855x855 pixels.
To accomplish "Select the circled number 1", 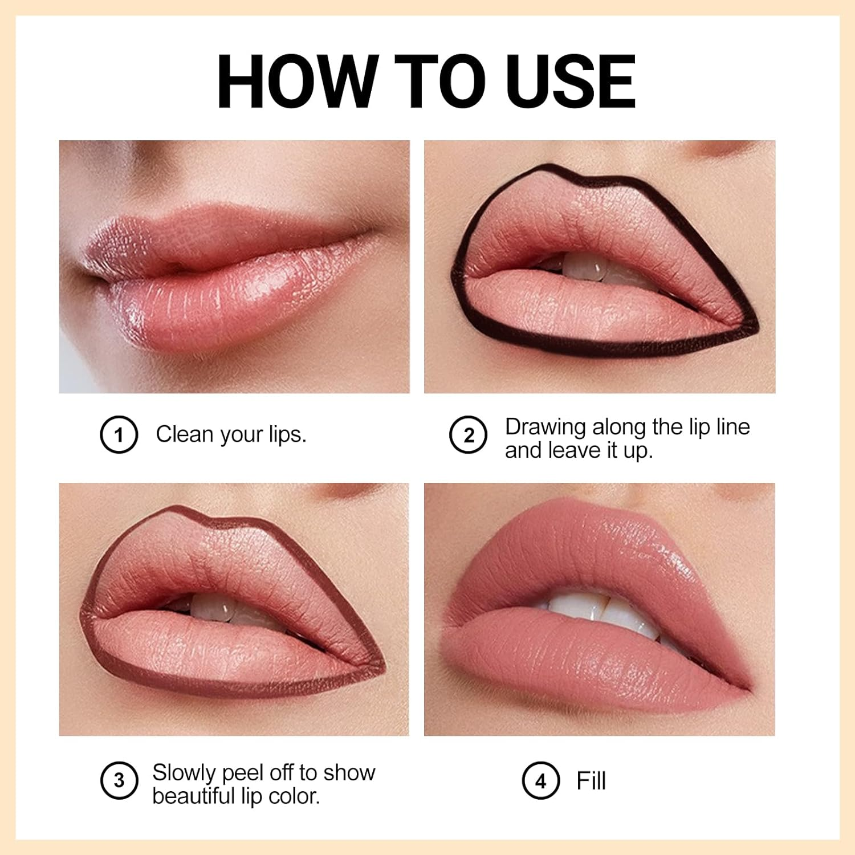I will point(119,435).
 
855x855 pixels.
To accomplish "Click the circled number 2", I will point(468,435).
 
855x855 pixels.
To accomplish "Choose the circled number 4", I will point(540,780).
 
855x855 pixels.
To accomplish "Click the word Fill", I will point(591,780).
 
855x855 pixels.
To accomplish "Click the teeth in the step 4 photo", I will point(598,610).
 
